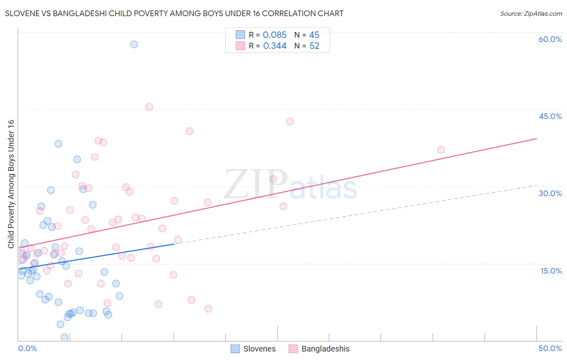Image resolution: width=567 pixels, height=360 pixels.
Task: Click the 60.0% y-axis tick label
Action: pyautogui.click(x=550, y=39)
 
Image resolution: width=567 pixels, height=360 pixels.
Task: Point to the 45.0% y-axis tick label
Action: pyautogui.click(x=550, y=116)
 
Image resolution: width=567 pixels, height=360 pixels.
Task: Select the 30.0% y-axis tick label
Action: pyautogui.click(x=550, y=193)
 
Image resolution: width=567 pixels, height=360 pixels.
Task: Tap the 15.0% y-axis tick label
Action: pyautogui.click(x=551, y=271)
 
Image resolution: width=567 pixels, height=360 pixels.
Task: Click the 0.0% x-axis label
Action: pyautogui.click(x=27, y=348)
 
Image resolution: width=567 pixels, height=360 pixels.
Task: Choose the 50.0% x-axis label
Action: pyautogui.click(x=550, y=348)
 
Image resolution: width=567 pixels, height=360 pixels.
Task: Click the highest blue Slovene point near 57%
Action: pyautogui.click(x=134, y=44)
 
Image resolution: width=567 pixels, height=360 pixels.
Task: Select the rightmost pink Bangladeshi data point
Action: pyautogui.click(x=441, y=150)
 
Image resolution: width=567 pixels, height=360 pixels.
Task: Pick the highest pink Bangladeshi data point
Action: pyautogui.click(x=149, y=107)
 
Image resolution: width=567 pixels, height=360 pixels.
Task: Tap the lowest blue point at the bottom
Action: pyautogui.click(x=65, y=337)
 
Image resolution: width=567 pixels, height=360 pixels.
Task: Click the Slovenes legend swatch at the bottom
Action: pyautogui.click(x=235, y=349)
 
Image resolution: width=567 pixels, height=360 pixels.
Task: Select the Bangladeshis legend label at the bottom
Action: pyautogui.click(x=325, y=349)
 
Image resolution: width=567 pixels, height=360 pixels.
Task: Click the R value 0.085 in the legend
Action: pyautogui.click(x=275, y=35)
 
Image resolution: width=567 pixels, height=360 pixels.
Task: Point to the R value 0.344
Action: pyautogui.click(x=275, y=46)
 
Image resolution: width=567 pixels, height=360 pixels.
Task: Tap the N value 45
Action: pyautogui.click(x=314, y=35)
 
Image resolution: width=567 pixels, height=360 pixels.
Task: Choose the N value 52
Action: pyautogui.click(x=314, y=46)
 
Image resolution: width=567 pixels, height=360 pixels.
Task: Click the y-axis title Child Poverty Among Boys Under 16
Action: pyautogui.click(x=11, y=184)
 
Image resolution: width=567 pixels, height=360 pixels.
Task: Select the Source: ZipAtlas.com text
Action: pyautogui.click(x=531, y=14)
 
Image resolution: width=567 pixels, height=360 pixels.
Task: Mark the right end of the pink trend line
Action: pyautogui.click(x=536, y=138)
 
